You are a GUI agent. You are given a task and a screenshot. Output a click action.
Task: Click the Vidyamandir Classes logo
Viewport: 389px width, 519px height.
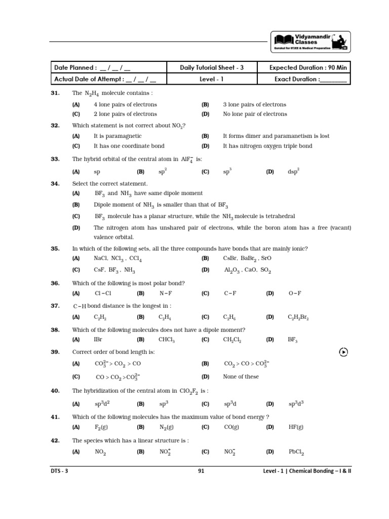coord(311,42)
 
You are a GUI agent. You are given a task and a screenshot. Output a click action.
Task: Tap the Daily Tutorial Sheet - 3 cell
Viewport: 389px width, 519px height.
coord(212,67)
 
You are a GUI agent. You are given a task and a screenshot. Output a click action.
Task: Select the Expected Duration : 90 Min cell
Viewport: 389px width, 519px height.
coord(308,67)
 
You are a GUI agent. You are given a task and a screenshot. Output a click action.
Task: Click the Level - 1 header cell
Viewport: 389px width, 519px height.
coord(212,79)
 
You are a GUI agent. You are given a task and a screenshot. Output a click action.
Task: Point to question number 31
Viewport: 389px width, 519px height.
coord(56,93)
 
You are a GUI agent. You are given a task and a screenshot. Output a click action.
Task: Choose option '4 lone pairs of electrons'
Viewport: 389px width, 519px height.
coord(125,104)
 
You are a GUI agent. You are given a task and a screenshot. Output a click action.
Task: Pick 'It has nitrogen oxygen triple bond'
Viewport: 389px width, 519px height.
coord(267,146)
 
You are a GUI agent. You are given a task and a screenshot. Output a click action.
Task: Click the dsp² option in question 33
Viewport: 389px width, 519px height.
coord(294,172)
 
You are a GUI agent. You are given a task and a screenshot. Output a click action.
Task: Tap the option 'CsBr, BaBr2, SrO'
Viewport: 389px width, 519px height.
coord(247,258)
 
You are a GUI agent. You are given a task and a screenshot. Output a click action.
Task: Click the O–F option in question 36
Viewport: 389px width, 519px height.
coord(295,293)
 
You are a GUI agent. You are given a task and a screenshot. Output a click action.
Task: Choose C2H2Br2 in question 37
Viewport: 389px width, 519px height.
coord(298,317)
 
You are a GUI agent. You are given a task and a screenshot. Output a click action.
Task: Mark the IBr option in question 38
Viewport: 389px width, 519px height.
coord(98,340)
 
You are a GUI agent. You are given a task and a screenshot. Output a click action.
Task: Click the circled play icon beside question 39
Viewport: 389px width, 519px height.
coord(343,352)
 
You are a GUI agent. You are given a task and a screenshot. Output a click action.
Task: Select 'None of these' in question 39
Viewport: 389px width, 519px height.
coord(241,377)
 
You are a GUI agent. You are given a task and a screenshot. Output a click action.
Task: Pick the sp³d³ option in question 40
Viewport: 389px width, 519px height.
coord(296,404)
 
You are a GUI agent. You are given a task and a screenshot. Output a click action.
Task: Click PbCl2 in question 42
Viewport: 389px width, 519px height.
coord(296,452)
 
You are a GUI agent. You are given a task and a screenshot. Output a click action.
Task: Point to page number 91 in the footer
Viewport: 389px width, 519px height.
coord(201,471)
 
